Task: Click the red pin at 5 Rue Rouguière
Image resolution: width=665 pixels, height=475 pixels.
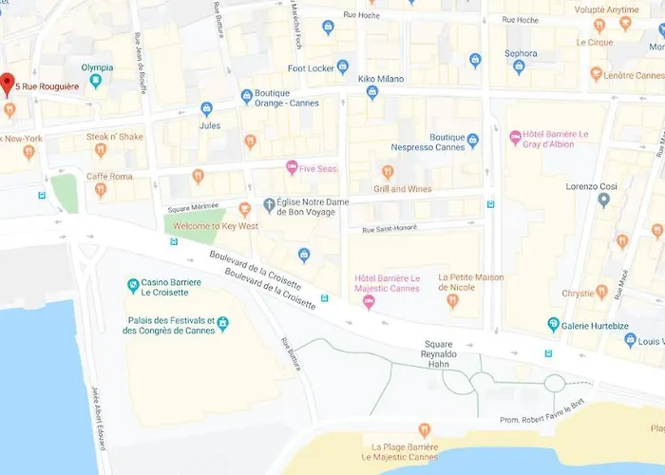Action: click(9, 84)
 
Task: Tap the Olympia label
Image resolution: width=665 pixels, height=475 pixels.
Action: click(96, 67)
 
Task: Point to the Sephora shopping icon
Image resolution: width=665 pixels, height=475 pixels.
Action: click(519, 66)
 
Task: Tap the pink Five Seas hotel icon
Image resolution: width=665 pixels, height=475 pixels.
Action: click(292, 168)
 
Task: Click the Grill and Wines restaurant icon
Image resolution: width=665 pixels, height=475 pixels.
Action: click(388, 172)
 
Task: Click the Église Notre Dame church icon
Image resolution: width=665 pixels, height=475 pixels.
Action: click(269, 205)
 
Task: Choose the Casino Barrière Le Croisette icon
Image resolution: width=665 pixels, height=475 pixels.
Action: click(134, 285)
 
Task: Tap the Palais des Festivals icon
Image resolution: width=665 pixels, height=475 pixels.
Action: click(222, 324)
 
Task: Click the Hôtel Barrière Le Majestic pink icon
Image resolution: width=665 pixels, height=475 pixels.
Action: click(370, 302)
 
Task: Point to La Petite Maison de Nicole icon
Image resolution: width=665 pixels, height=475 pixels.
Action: click(453, 301)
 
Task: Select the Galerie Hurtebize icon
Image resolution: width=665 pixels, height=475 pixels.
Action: click(553, 325)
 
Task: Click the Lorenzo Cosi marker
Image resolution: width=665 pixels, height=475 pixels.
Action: click(603, 200)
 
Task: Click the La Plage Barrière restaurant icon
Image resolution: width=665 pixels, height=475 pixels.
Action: click(424, 429)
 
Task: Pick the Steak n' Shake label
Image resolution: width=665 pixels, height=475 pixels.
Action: click(115, 137)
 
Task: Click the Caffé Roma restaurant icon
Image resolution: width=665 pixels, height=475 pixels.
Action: click(101, 190)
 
